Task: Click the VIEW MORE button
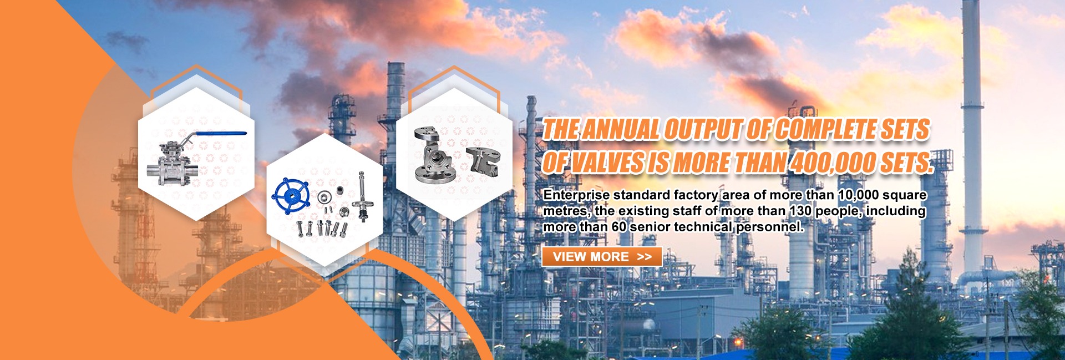click(x=601, y=257)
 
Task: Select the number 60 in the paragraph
click(x=619, y=227)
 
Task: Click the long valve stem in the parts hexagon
click(x=363, y=197)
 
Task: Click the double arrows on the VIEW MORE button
click(x=645, y=257)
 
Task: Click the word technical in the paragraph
click(x=703, y=227)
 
